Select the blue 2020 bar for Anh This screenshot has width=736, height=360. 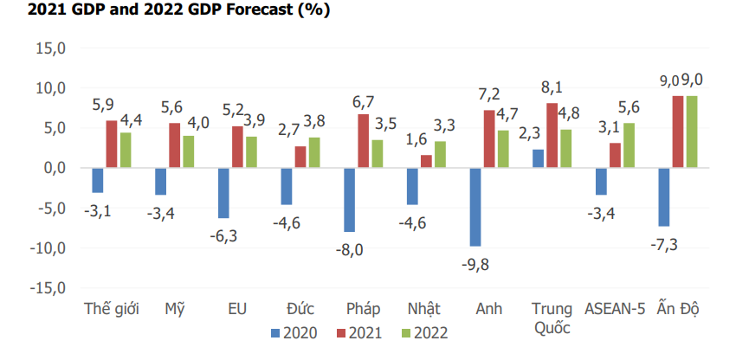click(475, 207)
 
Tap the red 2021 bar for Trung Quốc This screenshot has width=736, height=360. click(552, 135)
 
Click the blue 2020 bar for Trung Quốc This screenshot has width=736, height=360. click(539, 158)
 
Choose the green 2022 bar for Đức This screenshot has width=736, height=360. click(313, 152)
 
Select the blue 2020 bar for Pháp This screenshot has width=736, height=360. click(350, 200)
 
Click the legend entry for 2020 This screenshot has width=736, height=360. click(294, 332)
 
